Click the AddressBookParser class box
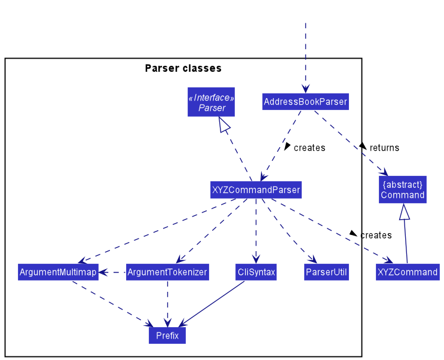pyautogui.click(x=305, y=102)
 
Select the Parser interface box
pyautogui.click(x=212, y=102)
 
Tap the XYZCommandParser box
pyautogui.click(x=256, y=190)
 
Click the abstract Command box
pyautogui.click(x=403, y=190)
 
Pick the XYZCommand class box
pyautogui.click(x=408, y=272)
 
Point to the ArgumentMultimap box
pyautogui.click(x=58, y=272)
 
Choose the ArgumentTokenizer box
pyautogui.click(x=167, y=272)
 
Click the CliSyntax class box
pyautogui.click(x=256, y=272)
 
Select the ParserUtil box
pyautogui.click(x=326, y=272)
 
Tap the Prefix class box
pyautogui.click(x=167, y=335)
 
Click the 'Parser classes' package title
pyautogui.click(x=183, y=68)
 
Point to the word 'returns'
pyautogui.click(x=384, y=148)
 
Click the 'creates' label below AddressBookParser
pyautogui.click(x=309, y=148)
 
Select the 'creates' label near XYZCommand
pyautogui.click(x=376, y=235)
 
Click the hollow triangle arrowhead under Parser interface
pyautogui.click(x=225, y=124)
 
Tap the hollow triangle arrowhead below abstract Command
pyautogui.click(x=405, y=212)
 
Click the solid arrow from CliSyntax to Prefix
pyautogui.click(x=212, y=302)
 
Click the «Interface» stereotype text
pyautogui.click(x=212, y=97)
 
